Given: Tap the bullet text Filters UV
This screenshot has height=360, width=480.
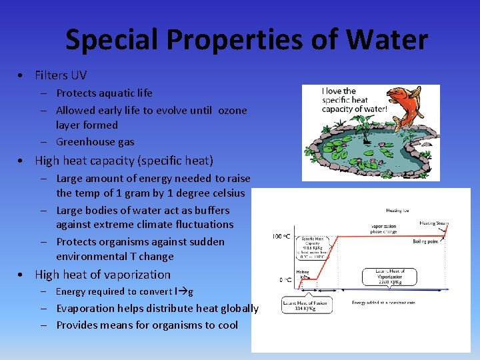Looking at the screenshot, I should pos(61,75).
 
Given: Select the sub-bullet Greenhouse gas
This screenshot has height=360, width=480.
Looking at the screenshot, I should pos(95,141).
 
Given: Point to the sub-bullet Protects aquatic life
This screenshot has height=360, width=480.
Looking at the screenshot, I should pos(104,93).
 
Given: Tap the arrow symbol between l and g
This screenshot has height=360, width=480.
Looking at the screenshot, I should pos(181,291).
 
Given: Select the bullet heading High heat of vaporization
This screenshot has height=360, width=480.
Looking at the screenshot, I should pos(102,274).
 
